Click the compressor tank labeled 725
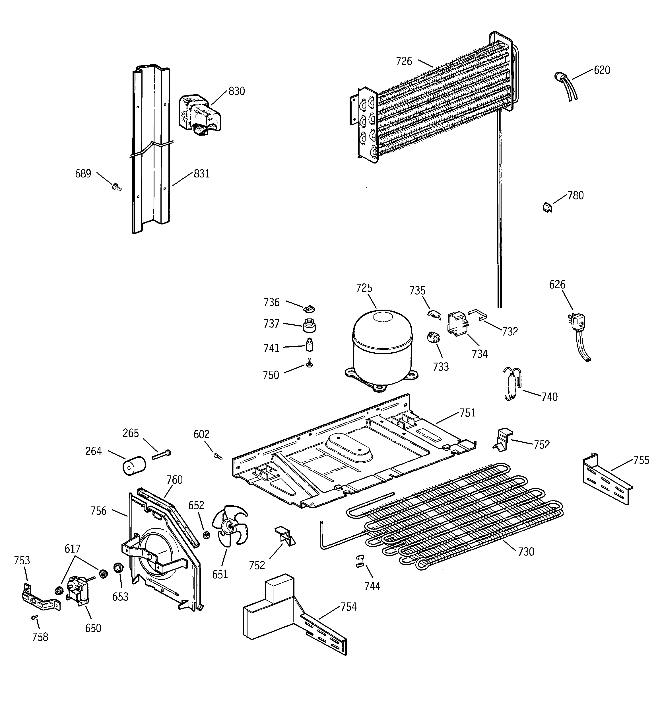coord(382,349)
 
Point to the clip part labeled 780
coord(547,207)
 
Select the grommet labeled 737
coord(309,325)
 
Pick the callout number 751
coord(467,413)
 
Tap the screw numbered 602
coord(218,456)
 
